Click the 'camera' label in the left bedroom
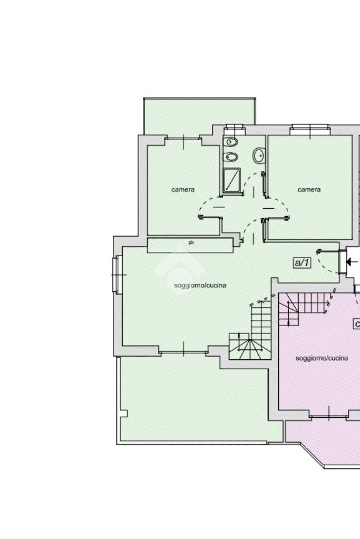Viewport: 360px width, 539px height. pyautogui.click(x=182, y=189)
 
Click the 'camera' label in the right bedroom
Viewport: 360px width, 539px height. pyautogui.click(x=309, y=189)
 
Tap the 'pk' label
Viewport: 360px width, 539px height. pyautogui.click(x=191, y=242)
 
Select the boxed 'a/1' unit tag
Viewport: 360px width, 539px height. pyautogui.click(x=301, y=263)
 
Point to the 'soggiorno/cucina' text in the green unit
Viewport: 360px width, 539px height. pyautogui.click(x=200, y=286)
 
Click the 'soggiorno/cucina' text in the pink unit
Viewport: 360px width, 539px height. pyautogui.click(x=322, y=358)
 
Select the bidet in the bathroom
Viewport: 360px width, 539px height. pyautogui.click(x=230, y=157)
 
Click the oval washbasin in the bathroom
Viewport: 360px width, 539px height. pyautogui.click(x=259, y=156)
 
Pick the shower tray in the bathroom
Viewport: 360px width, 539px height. pyautogui.click(x=232, y=181)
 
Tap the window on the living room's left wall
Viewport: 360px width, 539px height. pyautogui.click(x=117, y=275)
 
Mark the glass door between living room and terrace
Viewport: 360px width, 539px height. pyautogui.click(x=183, y=350)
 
